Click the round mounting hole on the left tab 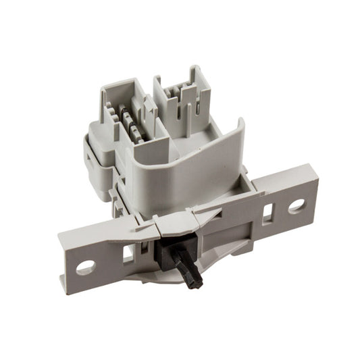[85, 267]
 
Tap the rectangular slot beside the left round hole [128, 254]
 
